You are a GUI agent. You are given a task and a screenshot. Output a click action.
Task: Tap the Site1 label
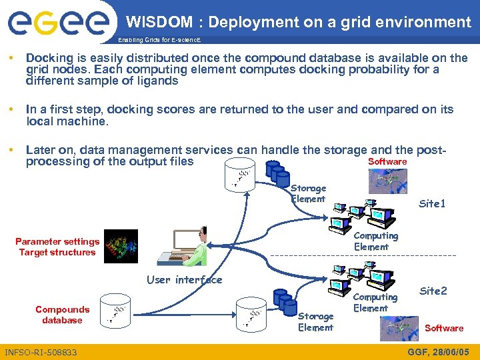click(431, 203)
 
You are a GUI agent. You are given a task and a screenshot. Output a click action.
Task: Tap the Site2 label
click(433, 291)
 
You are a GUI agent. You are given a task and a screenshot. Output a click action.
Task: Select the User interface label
click(185, 280)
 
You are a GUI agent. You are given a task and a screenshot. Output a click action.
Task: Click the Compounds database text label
click(62, 315)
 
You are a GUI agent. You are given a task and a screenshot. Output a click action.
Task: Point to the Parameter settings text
click(57, 241)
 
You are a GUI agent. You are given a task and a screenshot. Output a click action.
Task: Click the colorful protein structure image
click(121, 247)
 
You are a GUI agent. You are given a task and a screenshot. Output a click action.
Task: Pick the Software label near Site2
click(443, 328)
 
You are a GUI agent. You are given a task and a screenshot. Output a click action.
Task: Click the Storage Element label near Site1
click(308, 193)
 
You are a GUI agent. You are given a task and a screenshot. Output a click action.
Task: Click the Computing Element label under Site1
click(375, 241)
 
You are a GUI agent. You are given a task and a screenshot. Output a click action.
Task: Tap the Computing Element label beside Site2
click(375, 302)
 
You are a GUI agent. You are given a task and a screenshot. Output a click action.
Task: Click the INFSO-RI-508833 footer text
click(41, 352)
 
